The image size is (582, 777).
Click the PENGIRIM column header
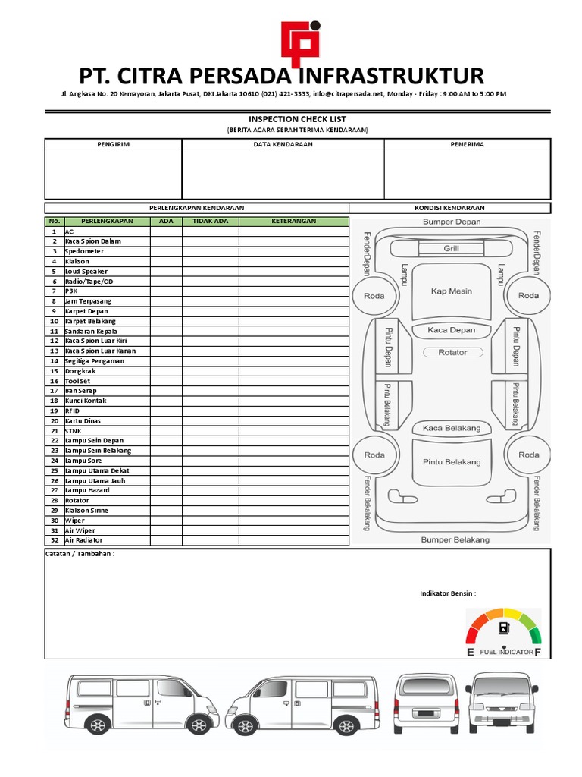click(113, 144)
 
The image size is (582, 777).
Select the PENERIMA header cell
click(467, 144)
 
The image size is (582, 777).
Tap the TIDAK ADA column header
click(210, 222)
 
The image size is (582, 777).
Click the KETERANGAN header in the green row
click(293, 222)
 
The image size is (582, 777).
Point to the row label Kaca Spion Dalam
click(92, 241)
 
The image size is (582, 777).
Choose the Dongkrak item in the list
click(80, 371)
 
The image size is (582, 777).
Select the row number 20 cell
click(55, 420)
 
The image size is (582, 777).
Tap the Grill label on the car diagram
click(452, 248)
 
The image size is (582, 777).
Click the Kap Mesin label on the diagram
click(452, 291)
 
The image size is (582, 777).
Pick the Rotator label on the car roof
click(452, 352)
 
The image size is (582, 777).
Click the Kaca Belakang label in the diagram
click(452, 428)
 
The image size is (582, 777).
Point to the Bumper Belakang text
click(455, 540)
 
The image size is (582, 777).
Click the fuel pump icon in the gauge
click(504, 628)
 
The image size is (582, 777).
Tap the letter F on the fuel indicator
click(537, 652)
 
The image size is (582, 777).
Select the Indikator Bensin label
click(448, 593)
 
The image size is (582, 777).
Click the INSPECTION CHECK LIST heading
click(297, 119)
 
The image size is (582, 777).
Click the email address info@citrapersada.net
click(345, 94)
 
